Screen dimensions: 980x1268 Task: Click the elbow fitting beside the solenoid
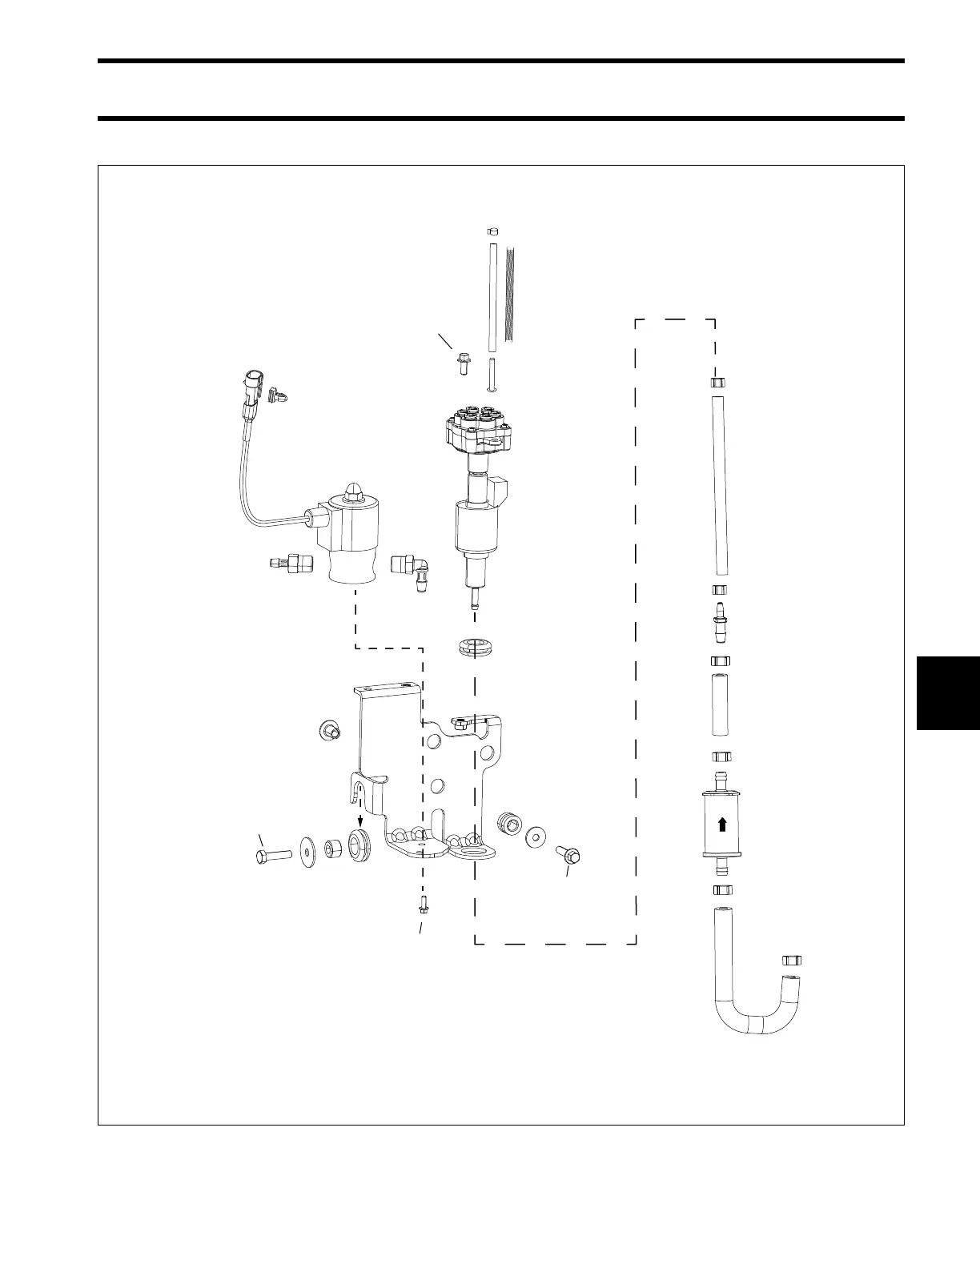tap(411, 572)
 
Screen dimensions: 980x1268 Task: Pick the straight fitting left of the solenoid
tap(289, 564)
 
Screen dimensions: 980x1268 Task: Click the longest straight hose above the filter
tap(719, 485)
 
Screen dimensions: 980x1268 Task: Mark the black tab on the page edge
tap(948, 692)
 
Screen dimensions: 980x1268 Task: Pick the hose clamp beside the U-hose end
tap(792, 960)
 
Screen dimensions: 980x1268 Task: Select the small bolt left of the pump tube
tap(463, 364)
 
